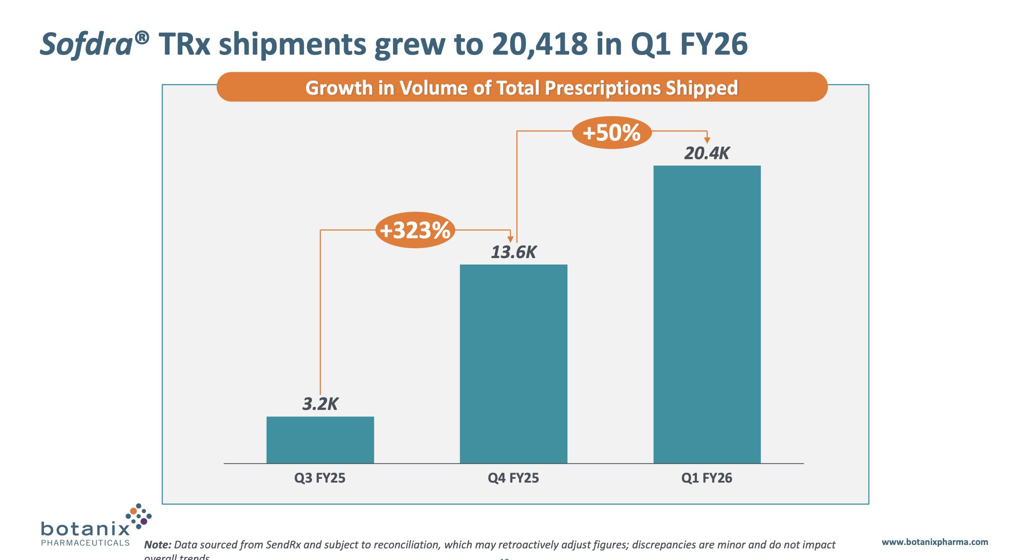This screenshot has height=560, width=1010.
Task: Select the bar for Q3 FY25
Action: click(x=320, y=440)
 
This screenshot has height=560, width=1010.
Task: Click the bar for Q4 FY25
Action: click(x=513, y=363)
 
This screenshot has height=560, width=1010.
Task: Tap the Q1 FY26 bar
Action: click(x=707, y=314)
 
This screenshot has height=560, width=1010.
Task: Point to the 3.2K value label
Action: click(x=320, y=404)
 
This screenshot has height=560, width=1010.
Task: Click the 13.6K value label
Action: click(x=514, y=252)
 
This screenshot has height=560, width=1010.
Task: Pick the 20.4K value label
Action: click(x=707, y=154)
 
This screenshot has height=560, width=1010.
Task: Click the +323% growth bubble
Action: click(x=415, y=230)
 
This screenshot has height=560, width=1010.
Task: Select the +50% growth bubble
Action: click(x=612, y=132)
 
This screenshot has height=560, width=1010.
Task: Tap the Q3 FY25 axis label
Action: click(x=320, y=478)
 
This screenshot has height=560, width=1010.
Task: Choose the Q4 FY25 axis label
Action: click(x=513, y=478)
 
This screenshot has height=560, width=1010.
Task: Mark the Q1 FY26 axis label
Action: click(x=707, y=478)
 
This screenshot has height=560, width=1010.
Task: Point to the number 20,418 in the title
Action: click(x=539, y=44)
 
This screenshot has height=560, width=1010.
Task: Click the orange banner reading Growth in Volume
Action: click(x=522, y=87)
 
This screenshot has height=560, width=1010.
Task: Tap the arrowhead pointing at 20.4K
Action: click(x=707, y=140)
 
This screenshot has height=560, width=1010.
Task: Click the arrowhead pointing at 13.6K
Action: click(x=510, y=239)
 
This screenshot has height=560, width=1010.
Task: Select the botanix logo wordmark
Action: click(x=85, y=529)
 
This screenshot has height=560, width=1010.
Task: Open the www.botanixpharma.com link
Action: click(x=935, y=542)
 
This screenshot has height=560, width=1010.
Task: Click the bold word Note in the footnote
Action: click(x=157, y=545)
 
